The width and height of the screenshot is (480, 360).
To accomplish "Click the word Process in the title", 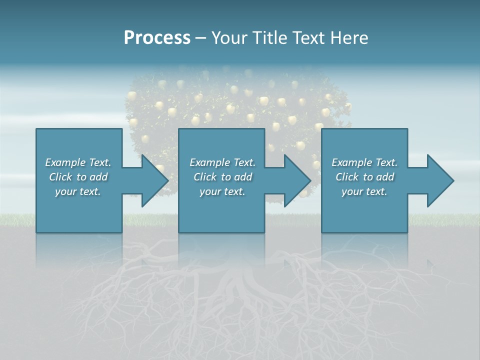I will pyautogui.click(x=157, y=38).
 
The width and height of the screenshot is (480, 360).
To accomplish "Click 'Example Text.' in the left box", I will pyautogui.click(x=78, y=162).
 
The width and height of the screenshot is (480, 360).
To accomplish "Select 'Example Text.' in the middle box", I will pyautogui.click(x=222, y=162).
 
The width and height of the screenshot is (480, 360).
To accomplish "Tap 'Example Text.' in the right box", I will pyautogui.click(x=364, y=162).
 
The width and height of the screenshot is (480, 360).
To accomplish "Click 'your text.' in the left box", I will pyautogui.click(x=78, y=191).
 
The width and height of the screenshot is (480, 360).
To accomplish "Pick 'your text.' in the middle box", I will pyautogui.click(x=222, y=191).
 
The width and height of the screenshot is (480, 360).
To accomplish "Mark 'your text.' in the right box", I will pyautogui.click(x=364, y=191).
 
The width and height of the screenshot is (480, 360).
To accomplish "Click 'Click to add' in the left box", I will pyautogui.click(x=78, y=177).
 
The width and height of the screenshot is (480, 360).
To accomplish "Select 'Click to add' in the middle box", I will pyautogui.click(x=222, y=177).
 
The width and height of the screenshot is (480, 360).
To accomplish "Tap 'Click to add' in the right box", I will pyautogui.click(x=364, y=177).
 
